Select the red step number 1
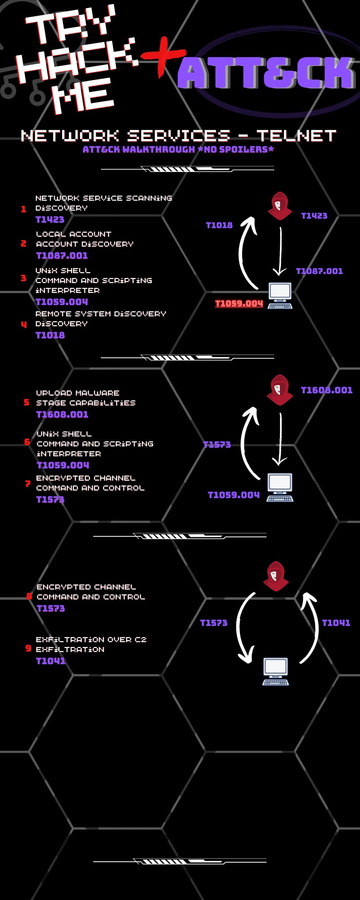23,209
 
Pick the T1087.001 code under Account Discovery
62,256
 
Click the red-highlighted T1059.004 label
239,303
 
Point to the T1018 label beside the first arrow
219,225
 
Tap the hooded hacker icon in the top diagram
279,206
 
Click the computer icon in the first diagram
280,296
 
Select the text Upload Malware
77,393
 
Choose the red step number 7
27,484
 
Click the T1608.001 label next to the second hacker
326,390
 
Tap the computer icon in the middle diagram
280,487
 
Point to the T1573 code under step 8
50,608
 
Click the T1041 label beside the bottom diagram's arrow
336,623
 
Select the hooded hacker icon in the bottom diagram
276,576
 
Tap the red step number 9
28,648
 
